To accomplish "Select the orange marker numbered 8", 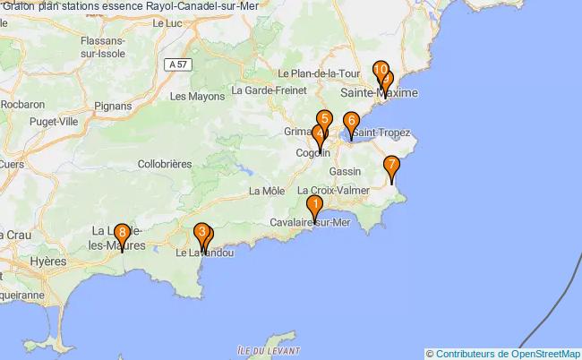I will coord(121,235).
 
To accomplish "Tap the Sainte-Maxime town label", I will coord(379,92).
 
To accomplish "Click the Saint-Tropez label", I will coord(381,133).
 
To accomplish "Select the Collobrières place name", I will coord(166,164).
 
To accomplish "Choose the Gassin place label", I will coord(345,170).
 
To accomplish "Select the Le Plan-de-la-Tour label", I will coord(319,73).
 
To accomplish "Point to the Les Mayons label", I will coord(197,96).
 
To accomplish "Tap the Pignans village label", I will coord(112,106).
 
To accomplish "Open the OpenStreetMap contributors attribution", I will coord(508,353).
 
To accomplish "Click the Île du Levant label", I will coord(269,349).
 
